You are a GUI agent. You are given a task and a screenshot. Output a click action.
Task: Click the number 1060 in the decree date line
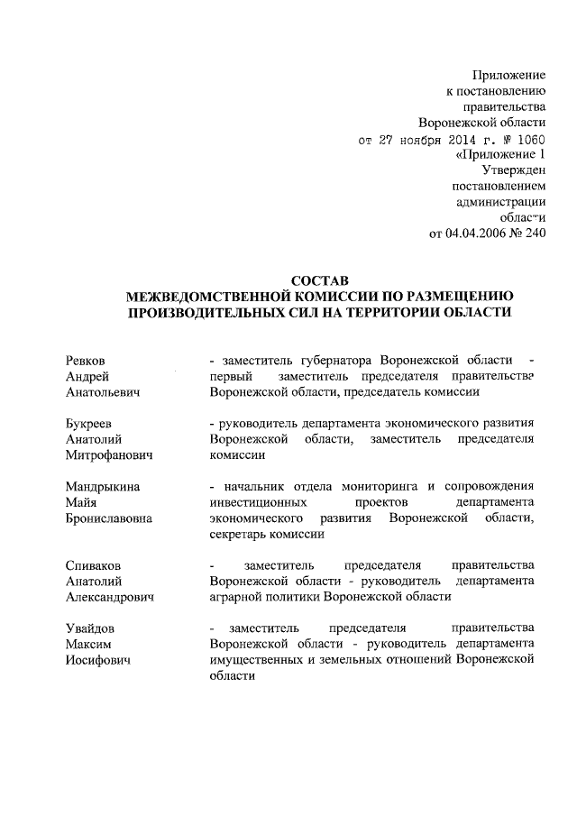point(530,139)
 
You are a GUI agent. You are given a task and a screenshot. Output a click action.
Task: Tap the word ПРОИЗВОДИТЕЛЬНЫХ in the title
point(229,312)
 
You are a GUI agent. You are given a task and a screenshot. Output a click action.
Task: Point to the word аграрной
point(234,597)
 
